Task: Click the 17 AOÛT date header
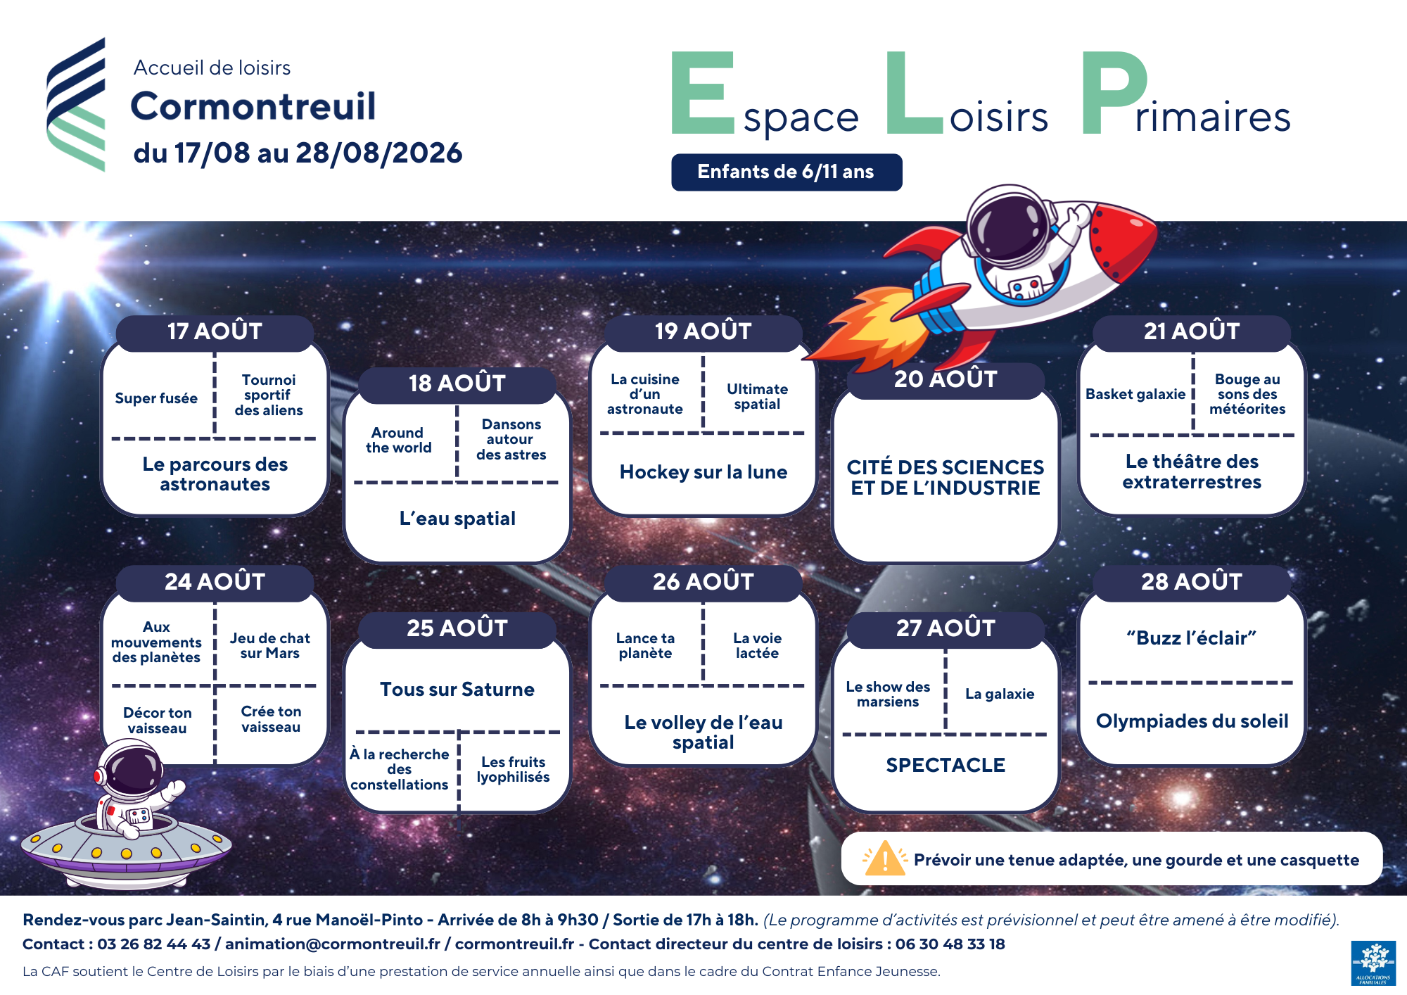point(215,332)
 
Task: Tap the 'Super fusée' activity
point(156,398)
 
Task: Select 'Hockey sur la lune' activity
point(703,472)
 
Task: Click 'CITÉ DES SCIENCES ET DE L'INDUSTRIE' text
point(946,477)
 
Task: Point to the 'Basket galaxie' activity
point(1135,394)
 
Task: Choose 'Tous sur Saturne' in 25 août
point(457,690)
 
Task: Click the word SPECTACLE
point(946,765)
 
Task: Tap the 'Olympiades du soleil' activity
point(1192,721)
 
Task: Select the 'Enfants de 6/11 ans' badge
point(787,172)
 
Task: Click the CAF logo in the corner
point(1373,963)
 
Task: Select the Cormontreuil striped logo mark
point(76,104)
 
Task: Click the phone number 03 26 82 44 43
point(153,944)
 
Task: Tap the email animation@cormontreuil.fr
point(333,944)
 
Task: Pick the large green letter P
point(1114,93)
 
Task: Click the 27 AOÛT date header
point(946,628)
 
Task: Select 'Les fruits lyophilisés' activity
point(514,770)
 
